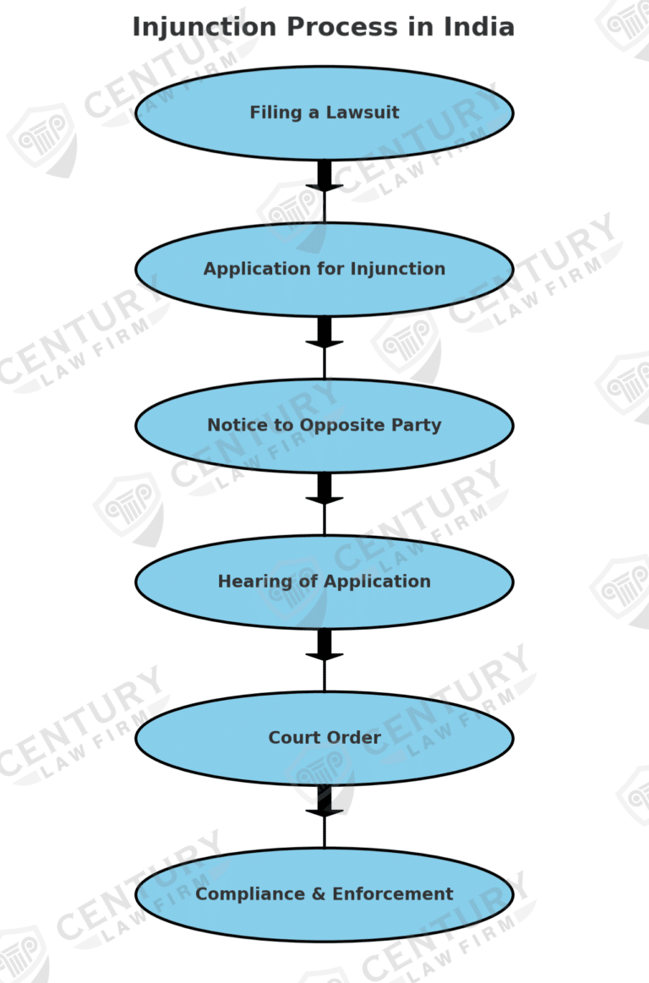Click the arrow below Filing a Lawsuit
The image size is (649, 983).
pos(324,177)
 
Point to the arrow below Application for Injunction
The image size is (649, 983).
pos(324,334)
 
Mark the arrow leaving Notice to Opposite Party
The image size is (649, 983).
pos(324,490)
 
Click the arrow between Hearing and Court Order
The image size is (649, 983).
pos(324,647)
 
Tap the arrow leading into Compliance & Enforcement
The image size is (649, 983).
pos(324,803)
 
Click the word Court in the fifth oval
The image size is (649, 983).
pos(292,738)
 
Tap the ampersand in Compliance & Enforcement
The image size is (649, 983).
pos(320,894)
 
